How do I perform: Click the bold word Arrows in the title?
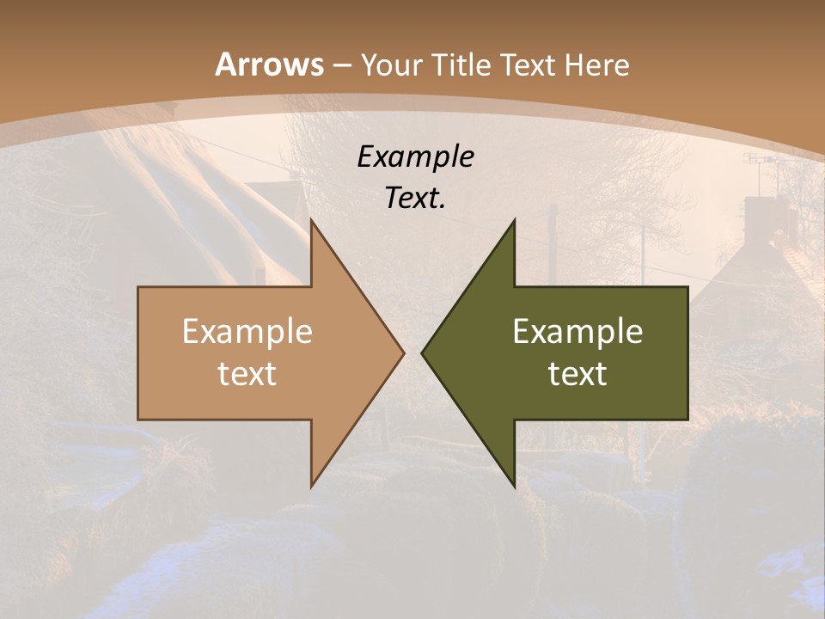tap(269, 64)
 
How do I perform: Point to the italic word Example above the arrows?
tap(415, 157)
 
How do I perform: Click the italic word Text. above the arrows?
tap(415, 199)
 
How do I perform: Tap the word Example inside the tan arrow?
tap(247, 331)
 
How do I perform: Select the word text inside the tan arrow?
tap(247, 373)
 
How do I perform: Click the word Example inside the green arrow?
tap(577, 331)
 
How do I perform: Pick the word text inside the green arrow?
tap(577, 373)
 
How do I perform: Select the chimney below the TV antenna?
tap(758, 215)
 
